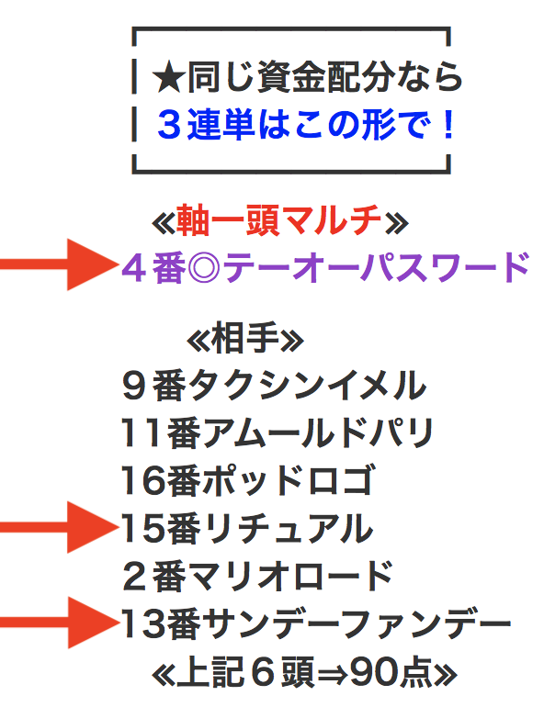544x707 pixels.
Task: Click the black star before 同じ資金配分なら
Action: pos(168,78)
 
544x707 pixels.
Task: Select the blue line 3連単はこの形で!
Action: pos(305,125)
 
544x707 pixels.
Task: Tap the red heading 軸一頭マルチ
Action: pos(278,220)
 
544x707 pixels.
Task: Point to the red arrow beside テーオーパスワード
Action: pos(59,264)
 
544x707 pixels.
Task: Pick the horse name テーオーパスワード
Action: pos(376,268)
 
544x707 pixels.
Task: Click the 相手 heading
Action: pos(245,338)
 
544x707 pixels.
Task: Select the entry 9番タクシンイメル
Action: pos(274,386)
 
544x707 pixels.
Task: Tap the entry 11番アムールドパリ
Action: pos(278,433)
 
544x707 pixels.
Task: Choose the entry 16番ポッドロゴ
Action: pos(247,480)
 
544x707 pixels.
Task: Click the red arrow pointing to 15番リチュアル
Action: pos(59,527)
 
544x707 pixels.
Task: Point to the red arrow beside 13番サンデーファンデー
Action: pos(60,623)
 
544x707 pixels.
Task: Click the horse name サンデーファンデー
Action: pos(357,624)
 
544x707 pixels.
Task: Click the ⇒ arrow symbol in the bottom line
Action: pos(333,674)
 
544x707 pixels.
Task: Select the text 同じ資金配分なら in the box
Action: pos(324,77)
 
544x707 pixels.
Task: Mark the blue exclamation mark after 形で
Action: pos(448,125)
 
